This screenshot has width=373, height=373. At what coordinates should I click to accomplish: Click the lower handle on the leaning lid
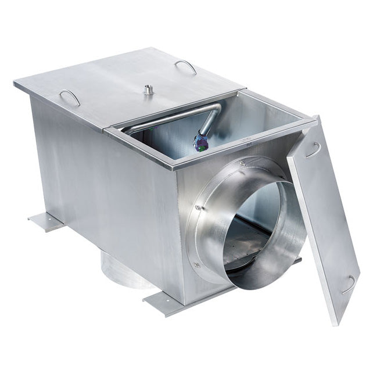[x=349, y=284]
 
